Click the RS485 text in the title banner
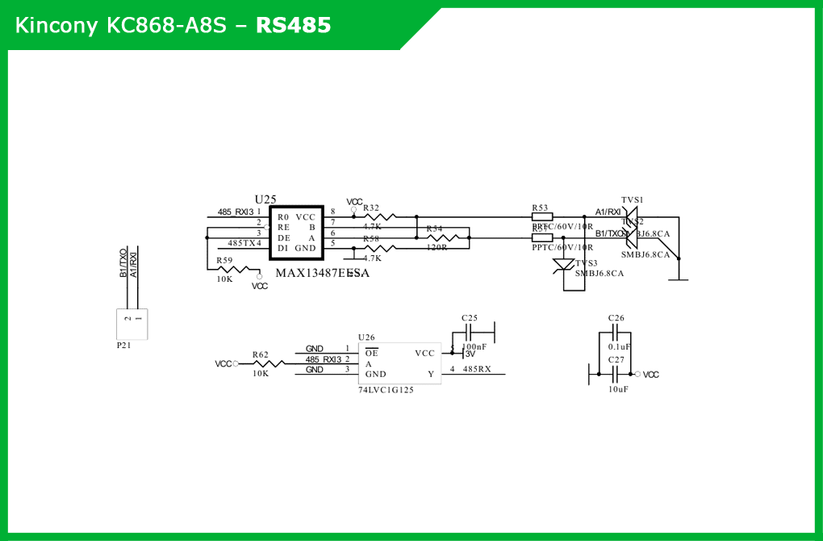293,25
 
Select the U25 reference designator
265,199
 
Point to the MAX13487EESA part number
322,273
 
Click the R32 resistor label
371,208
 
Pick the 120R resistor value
437,247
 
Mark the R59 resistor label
224,260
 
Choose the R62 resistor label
260,354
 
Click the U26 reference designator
366,338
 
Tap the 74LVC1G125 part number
386,390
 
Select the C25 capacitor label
470,318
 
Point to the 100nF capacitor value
474,346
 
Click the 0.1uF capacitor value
619,346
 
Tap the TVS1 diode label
633,199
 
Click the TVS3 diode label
587,263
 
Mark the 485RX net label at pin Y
477,369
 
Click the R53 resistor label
540,208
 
